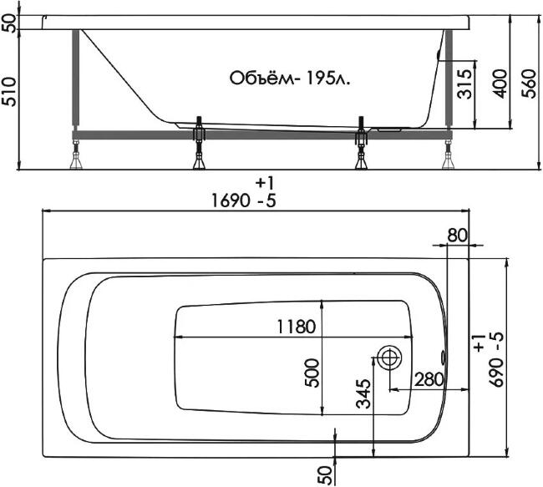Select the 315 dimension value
point(464,84)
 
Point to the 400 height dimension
point(500,84)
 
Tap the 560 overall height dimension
point(529,84)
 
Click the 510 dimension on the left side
point(9,91)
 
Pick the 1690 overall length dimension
point(231,200)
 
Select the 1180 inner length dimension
point(297,327)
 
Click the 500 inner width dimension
point(312,373)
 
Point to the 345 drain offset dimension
point(363,393)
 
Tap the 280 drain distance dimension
point(429,379)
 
